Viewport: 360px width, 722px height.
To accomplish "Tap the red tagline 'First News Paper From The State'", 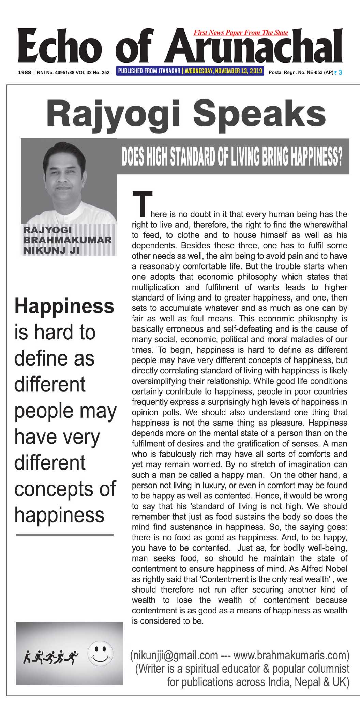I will (241, 33).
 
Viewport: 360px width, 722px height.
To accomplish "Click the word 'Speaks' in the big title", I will (260, 115).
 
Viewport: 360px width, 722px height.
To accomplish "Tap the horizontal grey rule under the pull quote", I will (65, 535).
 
